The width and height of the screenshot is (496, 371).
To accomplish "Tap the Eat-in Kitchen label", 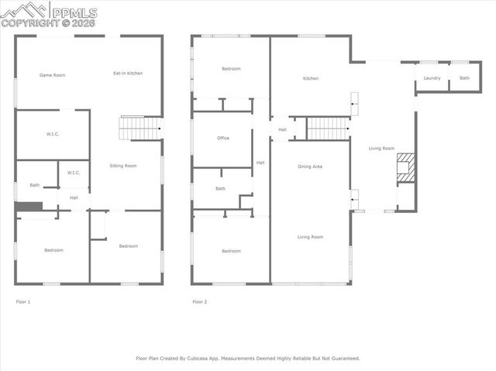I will coord(128,74).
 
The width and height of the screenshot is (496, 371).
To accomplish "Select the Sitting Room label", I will coord(123,166).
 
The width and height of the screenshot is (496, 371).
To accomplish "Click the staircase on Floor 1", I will coord(139,128).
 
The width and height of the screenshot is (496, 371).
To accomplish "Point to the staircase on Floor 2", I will coord(329,129).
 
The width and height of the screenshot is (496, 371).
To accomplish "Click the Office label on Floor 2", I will coord(223,138).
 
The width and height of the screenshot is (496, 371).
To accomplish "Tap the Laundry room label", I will coord(432,78).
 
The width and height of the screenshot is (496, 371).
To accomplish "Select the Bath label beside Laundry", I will coord(464,78).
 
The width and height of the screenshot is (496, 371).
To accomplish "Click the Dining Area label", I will coord(310,167).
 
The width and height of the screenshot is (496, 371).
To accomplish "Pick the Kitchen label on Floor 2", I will coord(311,78).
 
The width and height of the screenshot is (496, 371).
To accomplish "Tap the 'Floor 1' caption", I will coord(23,301).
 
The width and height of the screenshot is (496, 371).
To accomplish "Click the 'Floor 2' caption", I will coord(200,301).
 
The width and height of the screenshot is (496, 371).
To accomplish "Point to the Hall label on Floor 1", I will coord(74,198).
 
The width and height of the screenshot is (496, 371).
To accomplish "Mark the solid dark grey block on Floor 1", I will coord(29,207).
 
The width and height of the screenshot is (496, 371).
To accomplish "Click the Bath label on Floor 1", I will coord(35,185).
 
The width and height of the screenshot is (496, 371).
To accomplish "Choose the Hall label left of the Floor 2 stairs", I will coord(283,129).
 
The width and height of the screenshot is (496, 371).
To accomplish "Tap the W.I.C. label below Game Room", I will coord(53,135).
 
